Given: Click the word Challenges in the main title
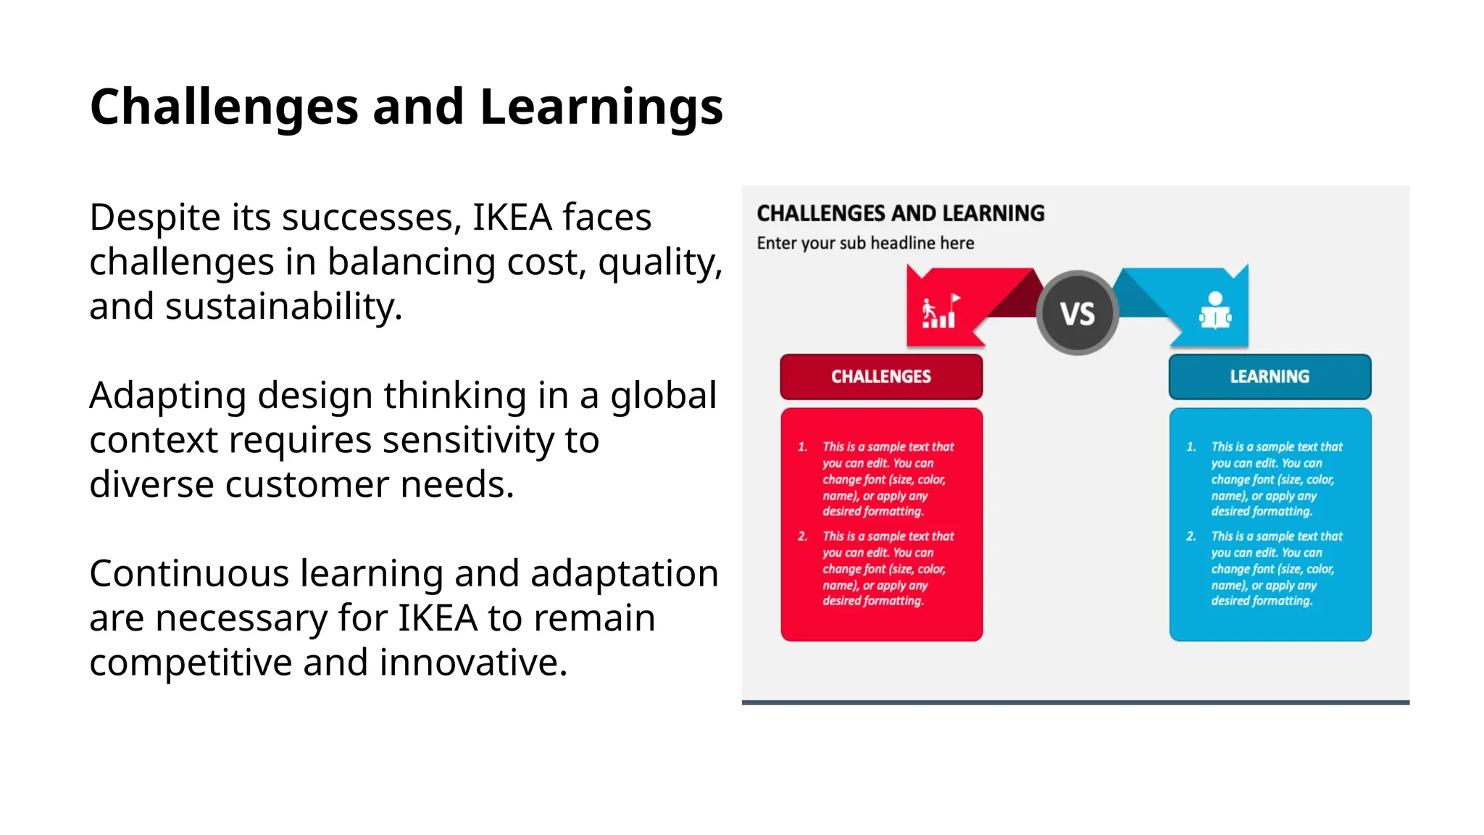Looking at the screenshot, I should (224, 107).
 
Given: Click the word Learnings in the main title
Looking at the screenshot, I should (601, 107).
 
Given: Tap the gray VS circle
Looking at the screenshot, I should (1077, 313).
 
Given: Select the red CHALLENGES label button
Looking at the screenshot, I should (881, 377).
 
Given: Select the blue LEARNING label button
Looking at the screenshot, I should (1270, 377).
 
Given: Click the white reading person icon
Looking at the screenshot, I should (1215, 311).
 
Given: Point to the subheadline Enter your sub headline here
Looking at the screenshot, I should (865, 244).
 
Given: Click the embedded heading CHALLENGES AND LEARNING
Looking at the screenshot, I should (900, 213).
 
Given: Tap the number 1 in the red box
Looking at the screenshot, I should (802, 447).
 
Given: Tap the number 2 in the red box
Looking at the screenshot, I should (802, 536).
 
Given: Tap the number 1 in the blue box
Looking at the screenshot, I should (1191, 447).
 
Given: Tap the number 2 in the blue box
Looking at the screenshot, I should (1191, 536).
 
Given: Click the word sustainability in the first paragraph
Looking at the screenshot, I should (283, 307).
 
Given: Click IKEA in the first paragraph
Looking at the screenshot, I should (512, 217).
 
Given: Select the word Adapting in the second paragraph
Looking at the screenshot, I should (168, 396).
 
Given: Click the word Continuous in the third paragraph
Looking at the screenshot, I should (190, 574).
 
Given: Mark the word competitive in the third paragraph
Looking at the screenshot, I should (190, 662).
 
